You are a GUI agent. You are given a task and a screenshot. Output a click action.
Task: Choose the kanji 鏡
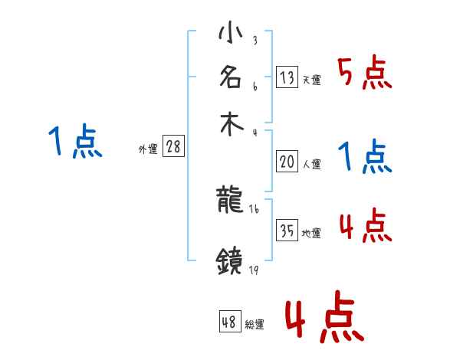point(231,262)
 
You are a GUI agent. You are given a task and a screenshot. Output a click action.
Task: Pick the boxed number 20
point(286,162)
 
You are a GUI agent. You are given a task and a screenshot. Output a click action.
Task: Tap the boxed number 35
point(286,231)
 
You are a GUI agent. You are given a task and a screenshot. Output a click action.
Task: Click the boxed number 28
point(173,147)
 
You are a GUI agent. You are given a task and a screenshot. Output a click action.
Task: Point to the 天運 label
point(311,80)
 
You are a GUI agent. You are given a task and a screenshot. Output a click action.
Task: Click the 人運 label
point(311,164)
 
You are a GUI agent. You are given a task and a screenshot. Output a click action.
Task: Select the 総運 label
point(254,325)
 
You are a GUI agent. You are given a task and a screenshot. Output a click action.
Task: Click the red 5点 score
point(363,74)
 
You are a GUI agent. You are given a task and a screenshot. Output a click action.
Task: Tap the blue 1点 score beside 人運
point(364,157)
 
